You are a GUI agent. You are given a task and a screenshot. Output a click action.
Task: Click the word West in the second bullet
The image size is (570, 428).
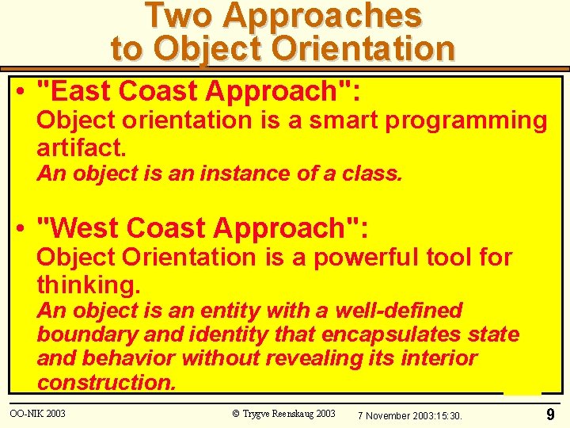(x=86, y=228)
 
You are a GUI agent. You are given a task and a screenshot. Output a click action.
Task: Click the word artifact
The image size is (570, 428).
(x=82, y=146)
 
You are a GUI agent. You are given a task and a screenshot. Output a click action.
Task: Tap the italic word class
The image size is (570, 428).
(x=374, y=174)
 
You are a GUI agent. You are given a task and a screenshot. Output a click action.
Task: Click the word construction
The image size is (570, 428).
(x=106, y=383)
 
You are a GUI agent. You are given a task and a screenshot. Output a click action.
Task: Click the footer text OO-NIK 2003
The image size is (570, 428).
(x=37, y=414)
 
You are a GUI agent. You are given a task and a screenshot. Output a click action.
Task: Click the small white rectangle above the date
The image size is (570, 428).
(x=522, y=391)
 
